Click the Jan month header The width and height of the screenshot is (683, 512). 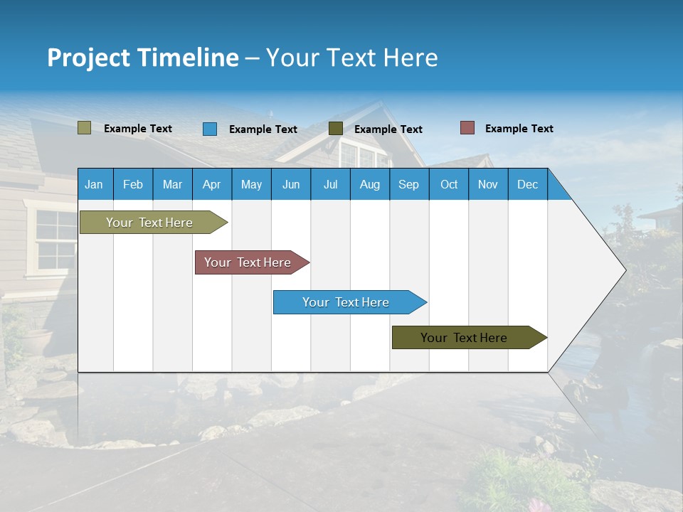94,184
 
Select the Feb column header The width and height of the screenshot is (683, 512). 133,184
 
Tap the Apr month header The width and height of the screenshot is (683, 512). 211,184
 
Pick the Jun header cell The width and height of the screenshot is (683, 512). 291,184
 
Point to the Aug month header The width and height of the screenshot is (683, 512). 369,184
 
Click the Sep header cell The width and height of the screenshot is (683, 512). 408,184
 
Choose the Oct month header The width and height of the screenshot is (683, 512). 449,184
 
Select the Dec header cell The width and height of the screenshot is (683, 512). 527,184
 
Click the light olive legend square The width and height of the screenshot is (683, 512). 84,128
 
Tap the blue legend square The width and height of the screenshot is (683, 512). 210,129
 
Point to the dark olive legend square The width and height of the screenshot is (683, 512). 336,129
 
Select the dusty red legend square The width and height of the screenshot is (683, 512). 467,128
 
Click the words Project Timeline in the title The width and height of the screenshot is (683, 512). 143,58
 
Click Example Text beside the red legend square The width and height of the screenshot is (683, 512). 519,129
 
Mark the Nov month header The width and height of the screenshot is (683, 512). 488,184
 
